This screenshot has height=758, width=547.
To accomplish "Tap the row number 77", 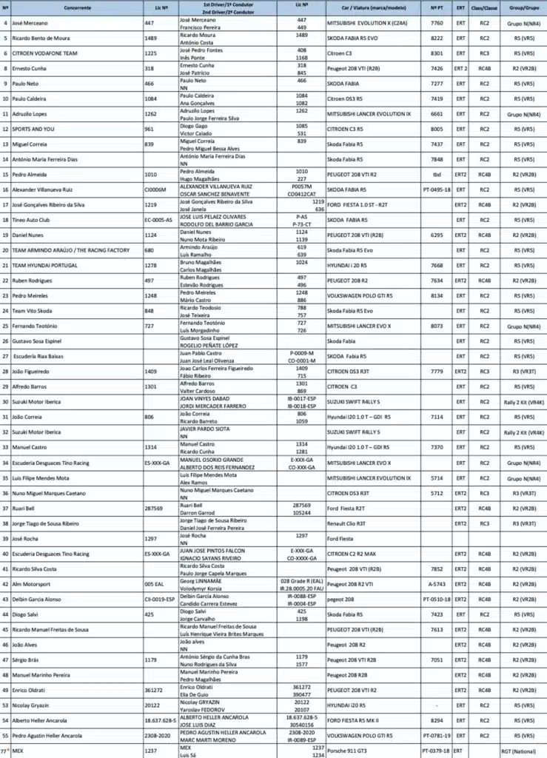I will point(5,752).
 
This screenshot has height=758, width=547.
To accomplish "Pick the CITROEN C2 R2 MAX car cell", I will point(357,554).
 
